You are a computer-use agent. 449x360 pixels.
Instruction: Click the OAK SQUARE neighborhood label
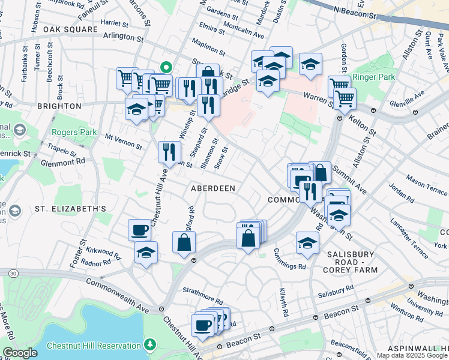tap(70, 29)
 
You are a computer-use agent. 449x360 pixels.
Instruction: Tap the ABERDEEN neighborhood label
tap(212, 188)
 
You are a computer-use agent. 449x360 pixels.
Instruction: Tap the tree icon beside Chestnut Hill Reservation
tap(149, 345)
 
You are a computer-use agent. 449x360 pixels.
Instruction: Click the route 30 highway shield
tap(12, 273)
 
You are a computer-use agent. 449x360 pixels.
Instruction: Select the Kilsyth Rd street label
tap(283, 302)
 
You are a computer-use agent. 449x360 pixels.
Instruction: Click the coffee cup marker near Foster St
tap(140, 229)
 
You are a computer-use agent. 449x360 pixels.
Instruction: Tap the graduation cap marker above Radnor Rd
tap(146, 253)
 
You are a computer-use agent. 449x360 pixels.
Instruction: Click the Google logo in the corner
tap(20, 353)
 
